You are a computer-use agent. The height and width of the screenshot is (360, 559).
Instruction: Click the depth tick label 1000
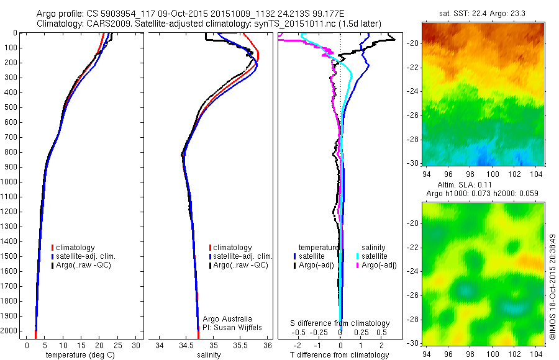coord(12,182)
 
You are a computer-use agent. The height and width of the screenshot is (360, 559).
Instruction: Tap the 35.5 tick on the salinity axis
coord(240,345)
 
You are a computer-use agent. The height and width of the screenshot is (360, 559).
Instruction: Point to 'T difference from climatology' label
coord(339,355)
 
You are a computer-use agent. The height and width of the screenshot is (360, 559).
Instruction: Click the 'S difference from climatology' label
coord(340,323)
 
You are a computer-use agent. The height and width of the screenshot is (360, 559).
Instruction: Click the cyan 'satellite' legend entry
coord(375,256)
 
